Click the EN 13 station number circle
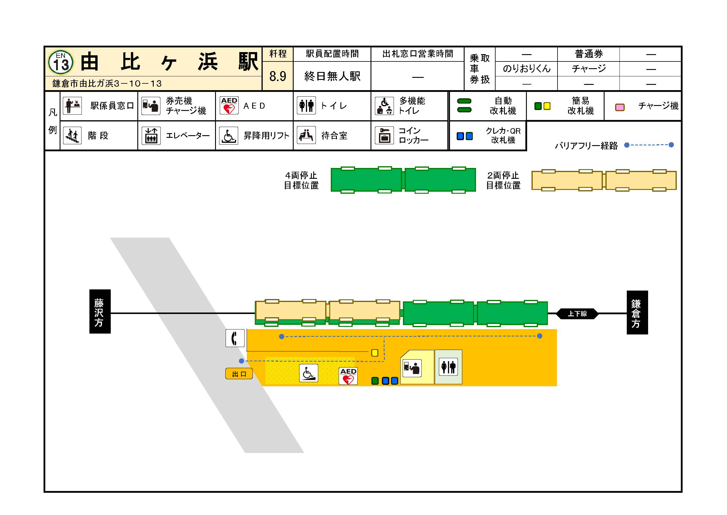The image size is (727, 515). [x=60, y=62]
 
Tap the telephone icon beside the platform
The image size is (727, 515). [x=235, y=338]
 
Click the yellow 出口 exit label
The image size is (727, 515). [x=239, y=374]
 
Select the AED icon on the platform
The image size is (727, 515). [x=348, y=376]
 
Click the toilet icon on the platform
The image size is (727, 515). [x=448, y=367]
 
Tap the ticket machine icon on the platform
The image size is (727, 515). [x=412, y=368]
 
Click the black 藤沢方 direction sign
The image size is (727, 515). [x=100, y=311]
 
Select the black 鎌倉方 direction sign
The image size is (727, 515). [x=637, y=312]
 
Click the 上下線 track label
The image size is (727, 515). [x=577, y=314]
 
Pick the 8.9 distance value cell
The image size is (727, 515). [x=278, y=76]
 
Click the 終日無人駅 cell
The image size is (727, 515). [x=332, y=76]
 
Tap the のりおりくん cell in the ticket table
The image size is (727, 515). [x=526, y=69]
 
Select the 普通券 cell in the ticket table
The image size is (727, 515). [x=588, y=54]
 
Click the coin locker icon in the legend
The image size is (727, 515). [x=384, y=135]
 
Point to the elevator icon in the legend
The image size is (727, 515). [x=151, y=136]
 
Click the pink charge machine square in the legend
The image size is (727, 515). [x=619, y=107]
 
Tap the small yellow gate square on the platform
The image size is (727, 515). [x=375, y=353]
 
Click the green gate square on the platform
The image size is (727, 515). [x=375, y=381]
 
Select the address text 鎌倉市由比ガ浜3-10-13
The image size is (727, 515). [x=107, y=83]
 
